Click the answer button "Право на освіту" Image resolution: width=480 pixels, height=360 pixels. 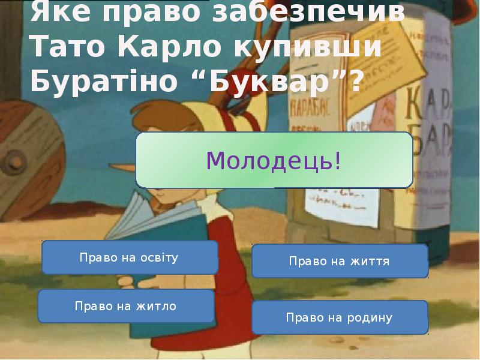pos(129,258)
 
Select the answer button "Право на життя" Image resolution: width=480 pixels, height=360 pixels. pos(339,262)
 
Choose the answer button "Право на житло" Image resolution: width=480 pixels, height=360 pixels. pos(125,306)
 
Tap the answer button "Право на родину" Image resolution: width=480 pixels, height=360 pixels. pos(339,317)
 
